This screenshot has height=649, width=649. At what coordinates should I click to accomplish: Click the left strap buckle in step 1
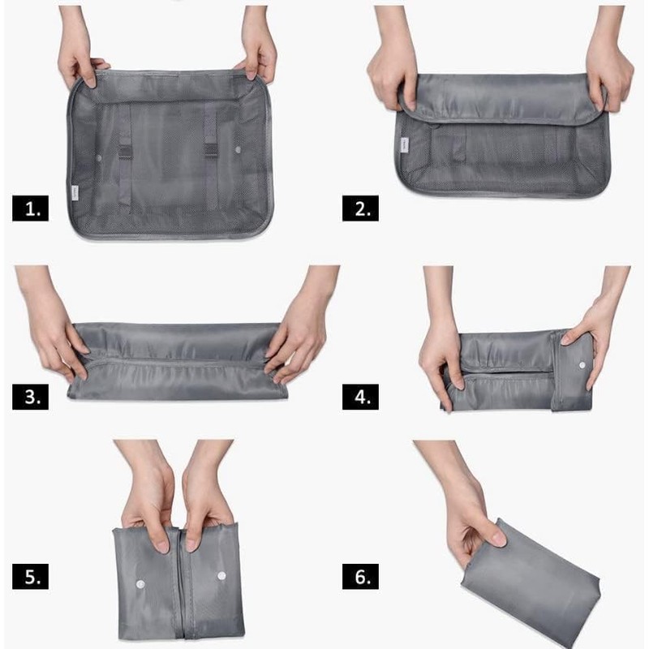coord(125,150)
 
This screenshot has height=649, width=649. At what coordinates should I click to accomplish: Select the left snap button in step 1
coord(99,151)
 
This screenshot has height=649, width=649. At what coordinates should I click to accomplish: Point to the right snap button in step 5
coord(221,575)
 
